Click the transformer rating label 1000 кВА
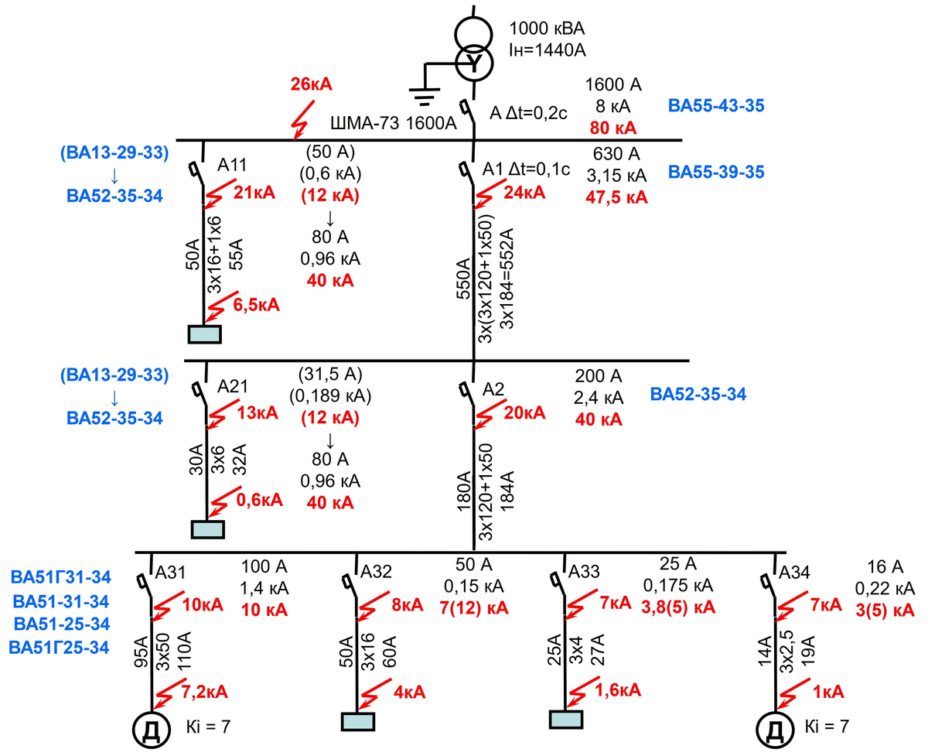point(547,30)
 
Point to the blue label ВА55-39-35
point(716,172)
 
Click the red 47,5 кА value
point(616,197)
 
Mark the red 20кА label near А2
point(524,413)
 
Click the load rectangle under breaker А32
point(358,720)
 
